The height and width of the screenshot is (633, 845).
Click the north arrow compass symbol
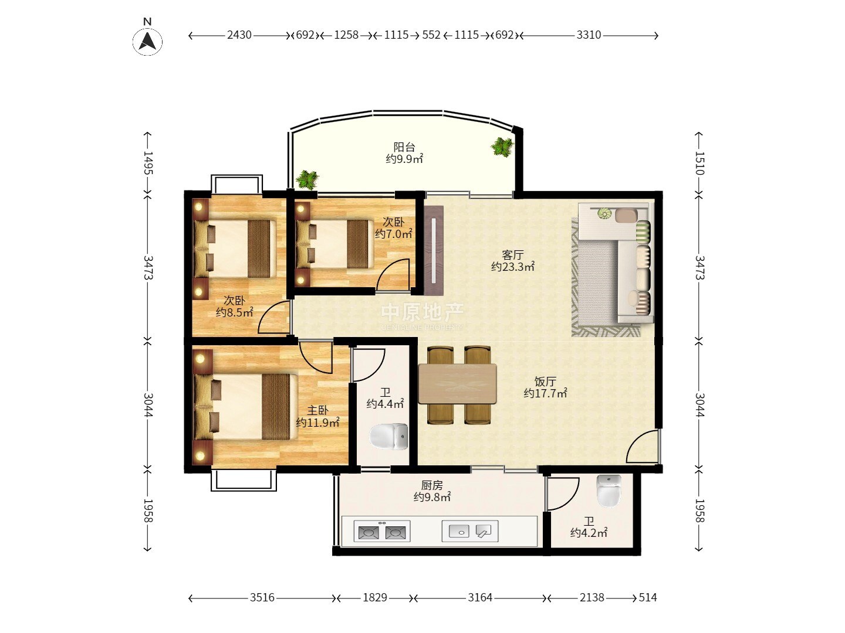147,41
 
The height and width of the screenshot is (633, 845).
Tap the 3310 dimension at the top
589,35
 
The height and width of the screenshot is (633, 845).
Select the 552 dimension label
431,35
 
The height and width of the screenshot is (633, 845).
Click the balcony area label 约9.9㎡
404,159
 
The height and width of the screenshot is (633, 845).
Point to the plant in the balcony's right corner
502,147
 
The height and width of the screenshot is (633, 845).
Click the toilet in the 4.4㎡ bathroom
388,436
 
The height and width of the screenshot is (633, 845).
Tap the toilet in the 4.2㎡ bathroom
609,491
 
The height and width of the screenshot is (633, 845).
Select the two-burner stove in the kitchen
382,531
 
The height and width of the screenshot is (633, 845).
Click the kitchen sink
470,531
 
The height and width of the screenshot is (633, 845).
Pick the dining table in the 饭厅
457,384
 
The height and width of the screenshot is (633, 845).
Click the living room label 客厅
513,255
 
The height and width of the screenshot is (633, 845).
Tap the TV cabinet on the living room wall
434,251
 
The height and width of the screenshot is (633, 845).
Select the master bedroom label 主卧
318,410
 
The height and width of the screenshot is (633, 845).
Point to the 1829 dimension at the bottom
375,597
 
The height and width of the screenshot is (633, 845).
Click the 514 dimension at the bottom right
647,597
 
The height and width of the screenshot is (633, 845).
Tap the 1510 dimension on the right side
699,164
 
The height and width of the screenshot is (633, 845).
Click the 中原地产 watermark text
422,312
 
